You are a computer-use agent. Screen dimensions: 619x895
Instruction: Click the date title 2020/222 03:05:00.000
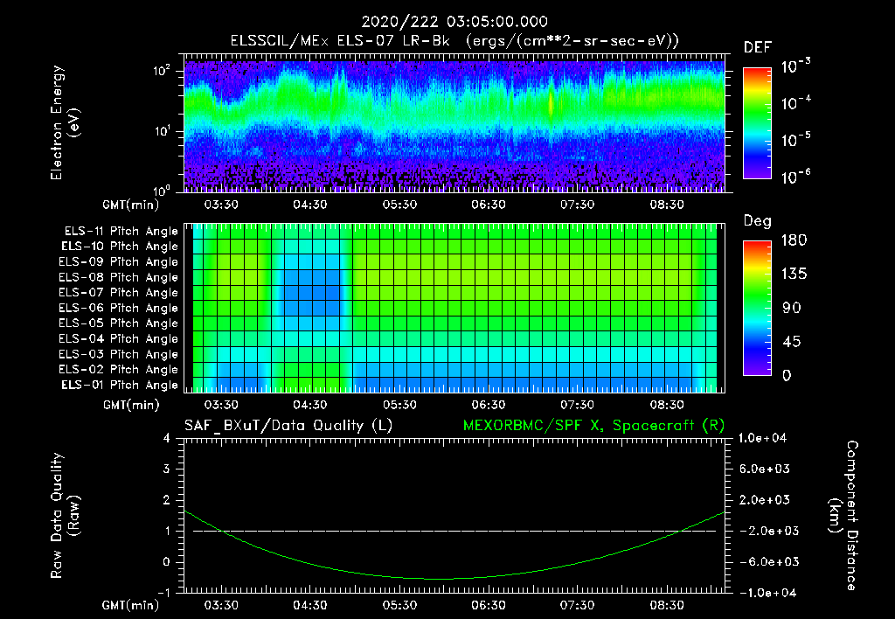coord(447,22)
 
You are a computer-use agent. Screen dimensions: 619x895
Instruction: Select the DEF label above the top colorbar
coord(757,47)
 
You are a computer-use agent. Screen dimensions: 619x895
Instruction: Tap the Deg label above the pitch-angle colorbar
coord(757,221)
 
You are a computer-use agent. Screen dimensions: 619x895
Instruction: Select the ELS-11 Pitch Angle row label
coord(121,232)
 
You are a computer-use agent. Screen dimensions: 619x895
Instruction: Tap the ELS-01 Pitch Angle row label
coord(121,385)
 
